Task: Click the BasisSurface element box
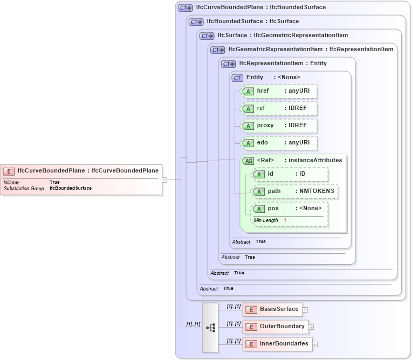coord(273,309)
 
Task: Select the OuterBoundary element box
coord(276,327)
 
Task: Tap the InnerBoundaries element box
coord(278,344)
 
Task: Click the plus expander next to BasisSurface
coord(305,310)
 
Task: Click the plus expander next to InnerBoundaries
coord(315,344)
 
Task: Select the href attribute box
coord(278,91)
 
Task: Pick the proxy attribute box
coord(278,126)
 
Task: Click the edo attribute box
coord(278,143)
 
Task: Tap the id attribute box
coord(290,174)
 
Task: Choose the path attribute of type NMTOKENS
coord(295,191)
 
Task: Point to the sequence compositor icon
coord(210,327)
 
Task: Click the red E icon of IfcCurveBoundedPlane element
coord(9,171)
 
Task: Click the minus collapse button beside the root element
coord(164,179)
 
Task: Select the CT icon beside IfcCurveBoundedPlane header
coord(186,8)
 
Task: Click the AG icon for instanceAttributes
coord(248,161)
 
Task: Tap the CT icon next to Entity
coord(237,78)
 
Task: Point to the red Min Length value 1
coord(285,220)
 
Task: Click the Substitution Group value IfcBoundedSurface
coord(71,189)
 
